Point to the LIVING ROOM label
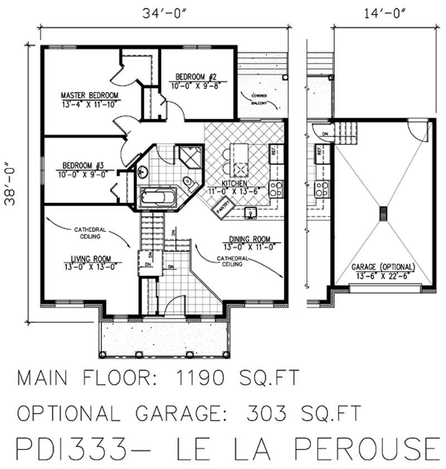coord(90,258)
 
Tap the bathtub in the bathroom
coord(157,197)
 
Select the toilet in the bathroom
coord(188,181)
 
